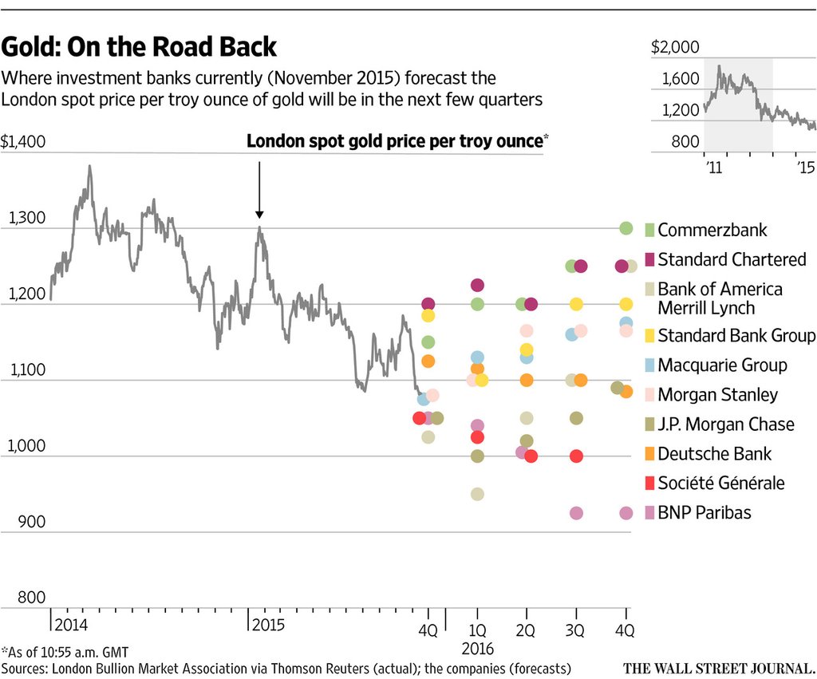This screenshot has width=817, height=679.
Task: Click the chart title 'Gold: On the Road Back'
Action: tap(139, 47)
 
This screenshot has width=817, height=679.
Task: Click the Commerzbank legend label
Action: tap(712, 230)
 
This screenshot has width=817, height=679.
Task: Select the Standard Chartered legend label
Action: tap(732, 259)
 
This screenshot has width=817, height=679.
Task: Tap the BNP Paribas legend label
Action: tap(704, 512)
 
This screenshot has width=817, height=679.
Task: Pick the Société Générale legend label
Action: tap(720, 483)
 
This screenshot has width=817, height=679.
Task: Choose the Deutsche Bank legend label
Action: tap(714, 453)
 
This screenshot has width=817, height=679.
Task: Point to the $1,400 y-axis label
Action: tap(23, 143)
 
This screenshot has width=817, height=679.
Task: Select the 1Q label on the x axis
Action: tap(477, 630)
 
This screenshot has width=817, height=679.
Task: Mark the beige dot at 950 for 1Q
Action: tap(477, 494)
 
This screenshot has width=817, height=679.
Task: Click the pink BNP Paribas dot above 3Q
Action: tap(576, 513)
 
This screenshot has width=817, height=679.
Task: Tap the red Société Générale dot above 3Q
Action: tap(576, 456)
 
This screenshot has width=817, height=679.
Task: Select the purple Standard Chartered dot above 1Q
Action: tap(477, 285)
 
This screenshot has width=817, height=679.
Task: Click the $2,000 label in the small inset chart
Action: tap(675, 47)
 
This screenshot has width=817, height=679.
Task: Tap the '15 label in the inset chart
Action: tap(805, 167)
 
